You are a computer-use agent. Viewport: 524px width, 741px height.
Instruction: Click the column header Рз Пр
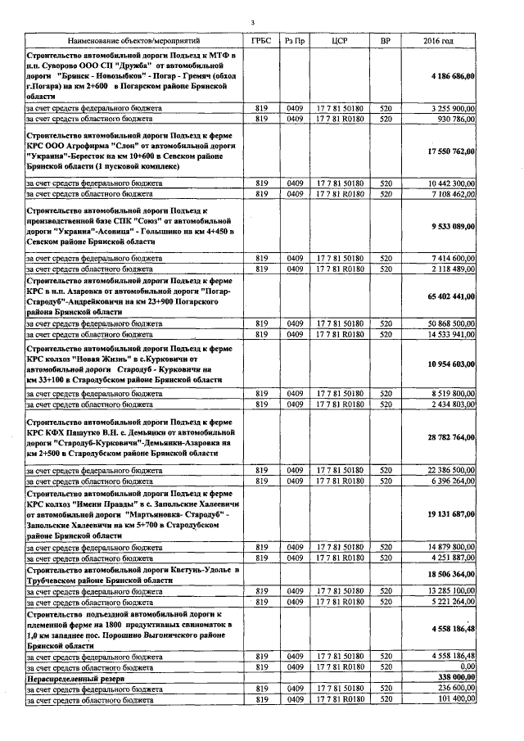pyautogui.click(x=296, y=40)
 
